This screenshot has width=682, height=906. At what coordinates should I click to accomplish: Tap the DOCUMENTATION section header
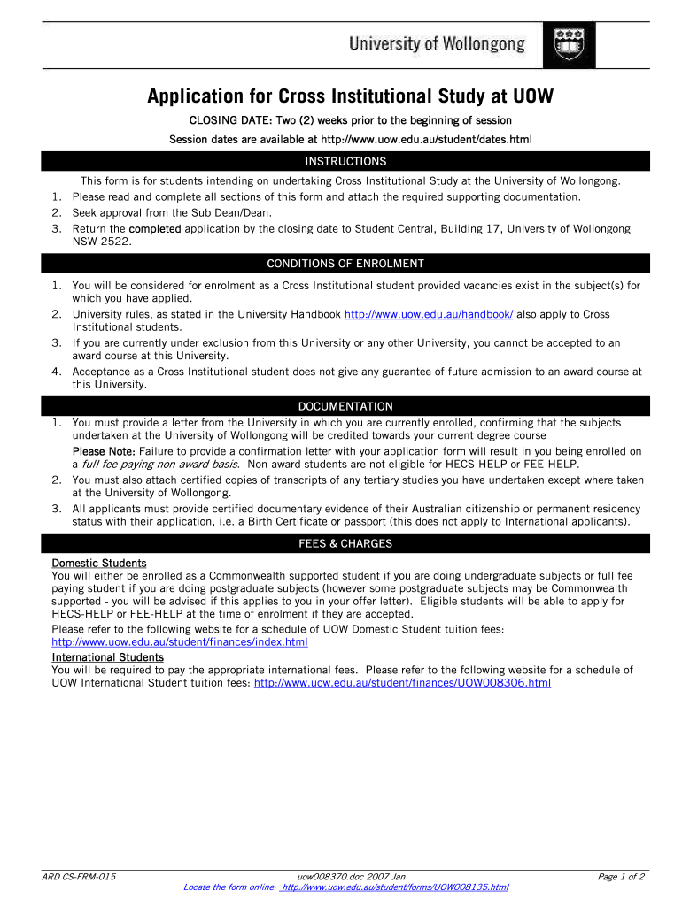click(x=345, y=406)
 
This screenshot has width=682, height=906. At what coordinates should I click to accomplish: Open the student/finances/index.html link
click(x=180, y=642)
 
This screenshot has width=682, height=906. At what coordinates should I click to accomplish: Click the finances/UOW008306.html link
click(x=402, y=683)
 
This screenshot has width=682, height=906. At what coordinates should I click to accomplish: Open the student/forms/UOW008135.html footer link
click(x=394, y=887)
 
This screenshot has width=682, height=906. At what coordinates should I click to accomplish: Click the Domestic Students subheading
click(x=99, y=564)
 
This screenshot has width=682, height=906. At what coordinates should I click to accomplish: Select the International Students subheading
click(x=108, y=657)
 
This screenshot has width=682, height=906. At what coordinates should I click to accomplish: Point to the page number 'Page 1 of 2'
click(x=621, y=877)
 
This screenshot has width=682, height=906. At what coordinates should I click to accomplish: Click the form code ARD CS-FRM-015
click(x=79, y=877)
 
